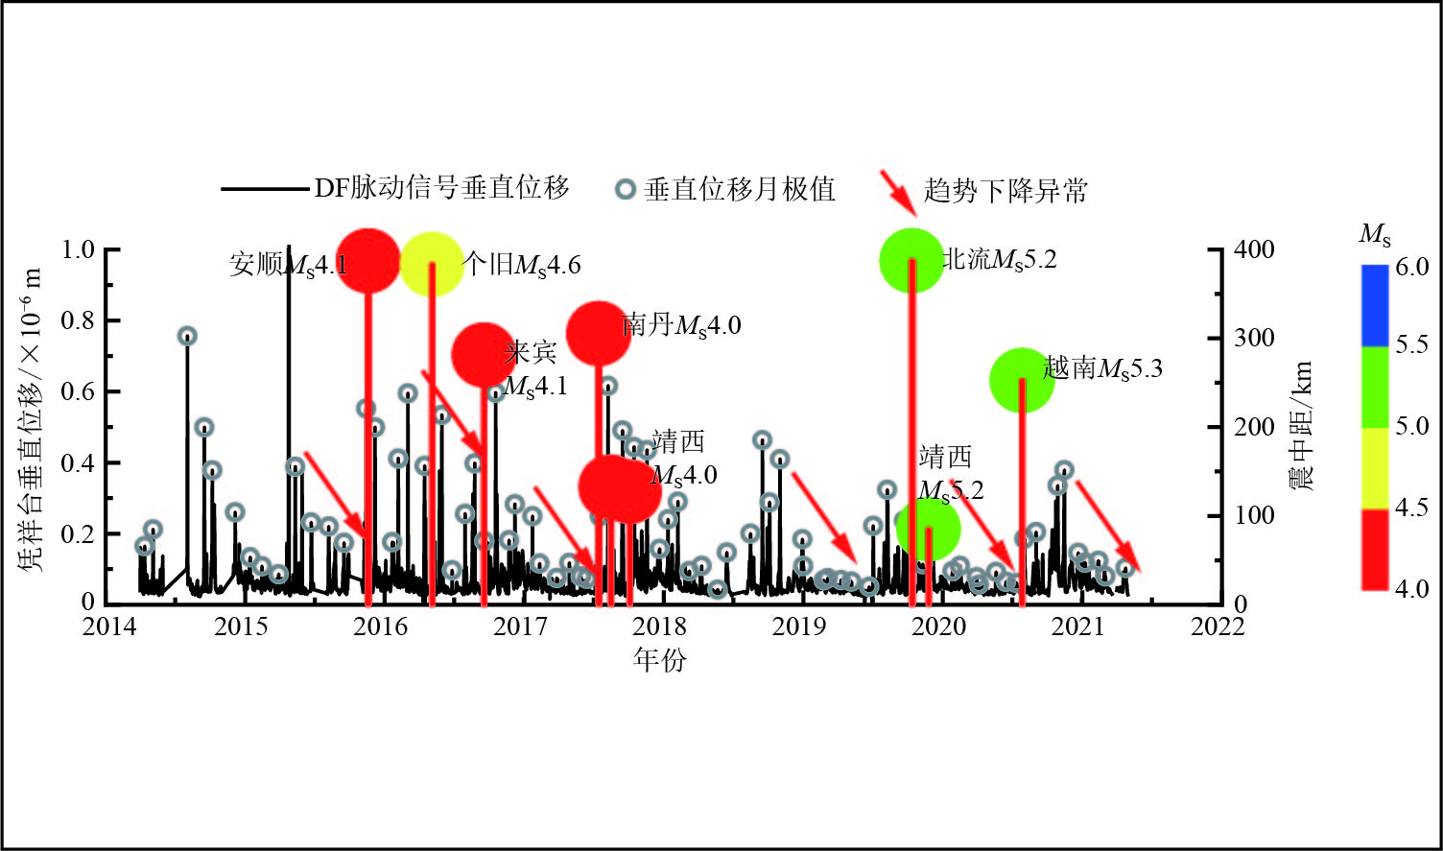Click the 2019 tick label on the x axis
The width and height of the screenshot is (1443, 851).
pyautogui.click(x=798, y=626)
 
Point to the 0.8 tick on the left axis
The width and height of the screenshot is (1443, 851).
pyautogui.click(x=78, y=320)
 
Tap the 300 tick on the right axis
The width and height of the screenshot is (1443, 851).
pyautogui.click(x=1254, y=338)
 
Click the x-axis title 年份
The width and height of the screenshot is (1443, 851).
pyautogui.click(x=660, y=659)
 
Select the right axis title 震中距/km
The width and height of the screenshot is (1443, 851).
pyautogui.click(x=1301, y=426)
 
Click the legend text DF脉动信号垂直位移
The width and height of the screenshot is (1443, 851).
pyautogui.click(x=442, y=188)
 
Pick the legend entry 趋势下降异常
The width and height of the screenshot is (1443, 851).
pyautogui.click(x=1005, y=190)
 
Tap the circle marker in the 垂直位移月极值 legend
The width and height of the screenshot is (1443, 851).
pyautogui.click(x=625, y=189)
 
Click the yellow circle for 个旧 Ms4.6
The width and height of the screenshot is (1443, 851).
pyautogui.click(x=432, y=263)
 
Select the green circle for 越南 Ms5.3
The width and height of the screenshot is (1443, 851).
pyautogui.click(x=1022, y=380)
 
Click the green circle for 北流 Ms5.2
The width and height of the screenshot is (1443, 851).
pyautogui.click(x=911, y=261)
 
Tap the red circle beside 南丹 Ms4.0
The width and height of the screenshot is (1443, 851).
pyautogui.click(x=599, y=333)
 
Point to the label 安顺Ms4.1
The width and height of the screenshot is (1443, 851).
pyautogui.click(x=288, y=264)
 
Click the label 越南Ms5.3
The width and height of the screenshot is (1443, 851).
pyautogui.click(x=1102, y=367)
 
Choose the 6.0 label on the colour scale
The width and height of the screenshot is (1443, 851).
pyautogui.click(x=1411, y=267)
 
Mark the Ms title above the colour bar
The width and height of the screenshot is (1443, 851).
pyautogui.click(x=1374, y=233)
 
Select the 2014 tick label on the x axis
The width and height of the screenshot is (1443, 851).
pyautogui.click(x=108, y=626)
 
